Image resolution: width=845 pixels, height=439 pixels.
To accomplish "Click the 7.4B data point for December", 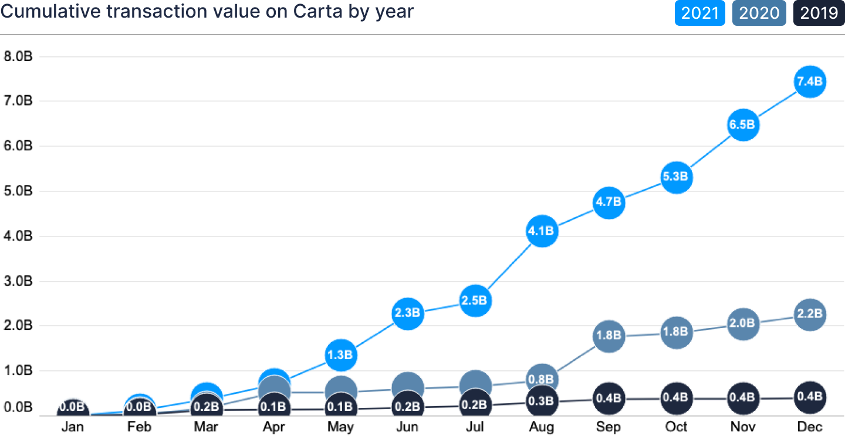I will tap(810, 82).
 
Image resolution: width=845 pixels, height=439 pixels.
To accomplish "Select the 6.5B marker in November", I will tap(743, 125).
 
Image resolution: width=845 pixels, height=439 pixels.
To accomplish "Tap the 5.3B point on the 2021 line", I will tap(676, 177).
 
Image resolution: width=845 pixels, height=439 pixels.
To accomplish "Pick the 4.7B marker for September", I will tap(609, 202).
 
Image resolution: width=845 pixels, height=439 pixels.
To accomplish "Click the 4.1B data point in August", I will tap(542, 231).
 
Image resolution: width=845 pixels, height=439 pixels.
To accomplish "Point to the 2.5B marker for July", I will tap(475, 300).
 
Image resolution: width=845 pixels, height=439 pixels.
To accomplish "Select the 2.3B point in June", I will tap(408, 313).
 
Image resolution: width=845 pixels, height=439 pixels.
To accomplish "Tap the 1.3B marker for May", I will tap(340, 355).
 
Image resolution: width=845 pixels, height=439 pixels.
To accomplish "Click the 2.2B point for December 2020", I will tap(810, 314).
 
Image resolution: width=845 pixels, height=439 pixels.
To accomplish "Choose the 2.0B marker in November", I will tap(743, 323).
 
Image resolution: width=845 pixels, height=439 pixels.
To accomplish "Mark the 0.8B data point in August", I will tap(542, 379).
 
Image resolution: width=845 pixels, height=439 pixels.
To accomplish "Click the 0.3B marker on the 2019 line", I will tap(542, 401).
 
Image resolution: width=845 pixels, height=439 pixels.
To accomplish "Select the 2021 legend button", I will tap(699, 13).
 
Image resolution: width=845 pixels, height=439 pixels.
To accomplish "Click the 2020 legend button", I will tap(759, 13).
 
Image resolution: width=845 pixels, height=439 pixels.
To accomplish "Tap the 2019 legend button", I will tap(819, 13).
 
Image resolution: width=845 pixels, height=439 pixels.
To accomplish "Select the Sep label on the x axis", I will tap(609, 427).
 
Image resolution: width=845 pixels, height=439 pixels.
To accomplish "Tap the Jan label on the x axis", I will tap(73, 427).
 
